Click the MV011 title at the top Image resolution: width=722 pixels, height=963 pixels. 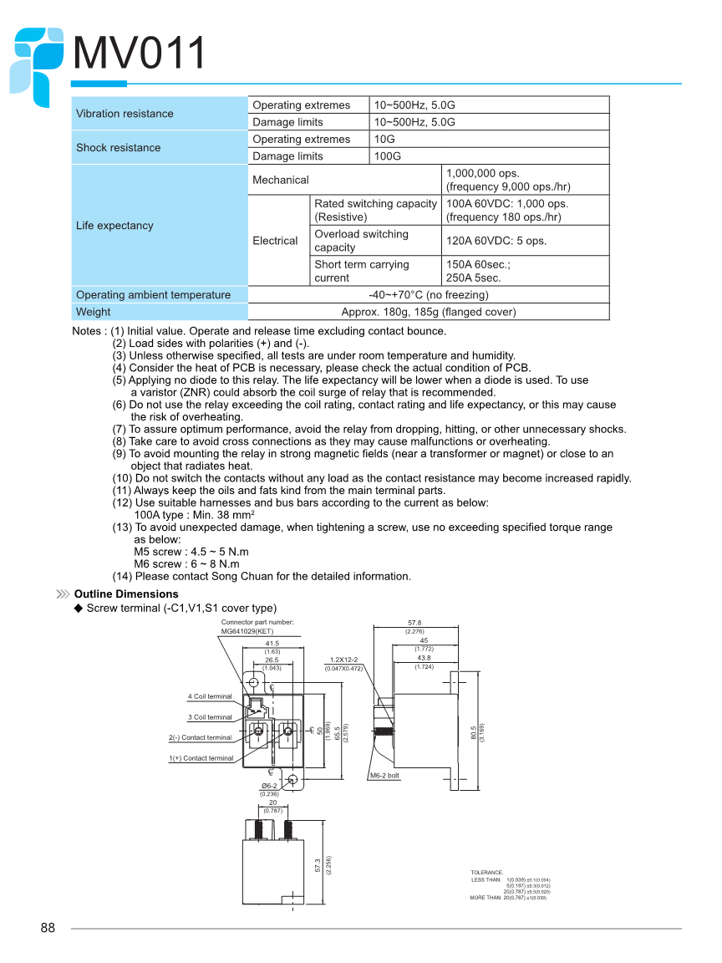pyautogui.click(x=140, y=53)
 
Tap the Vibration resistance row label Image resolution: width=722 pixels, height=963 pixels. pyautogui.click(x=125, y=114)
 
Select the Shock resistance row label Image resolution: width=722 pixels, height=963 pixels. pyautogui.click(x=118, y=148)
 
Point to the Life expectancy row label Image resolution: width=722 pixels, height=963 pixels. pyautogui.click(x=114, y=226)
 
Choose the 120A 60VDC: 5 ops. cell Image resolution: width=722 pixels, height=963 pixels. pyautogui.click(x=496, y=241)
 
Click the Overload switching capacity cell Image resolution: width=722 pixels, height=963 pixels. pyautogui.click(x=361, y=241)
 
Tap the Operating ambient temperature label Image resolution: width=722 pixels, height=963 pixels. pyautogui.click(x=153, y=295)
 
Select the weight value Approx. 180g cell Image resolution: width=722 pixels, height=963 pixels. pyautogui.click(x=429, y=312)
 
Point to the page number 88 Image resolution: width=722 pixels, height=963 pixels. pyautogui.click(x=48, y=928)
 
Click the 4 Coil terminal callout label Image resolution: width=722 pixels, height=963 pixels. pyautogui.click(x=210, y=696)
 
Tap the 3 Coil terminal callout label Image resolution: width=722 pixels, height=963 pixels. pyautogui.click(x=210, y=717)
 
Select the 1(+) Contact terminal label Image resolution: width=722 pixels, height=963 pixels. pyautogui.click(x=201, y=758)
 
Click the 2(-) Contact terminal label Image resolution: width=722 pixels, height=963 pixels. pyautogui.click(x=201, y=737)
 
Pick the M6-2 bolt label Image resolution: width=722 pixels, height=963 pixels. pyautogui.click(x=384, y=776)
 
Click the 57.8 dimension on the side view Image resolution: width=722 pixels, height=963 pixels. pyautogui.click(x=414, y=623)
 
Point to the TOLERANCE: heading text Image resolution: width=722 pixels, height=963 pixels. pyautogui.click(x=487, y=872)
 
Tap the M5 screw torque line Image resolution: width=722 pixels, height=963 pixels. pyautogui.click(x=191, y=552)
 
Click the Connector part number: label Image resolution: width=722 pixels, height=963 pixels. pyautogui.click(x=257, y=623)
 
